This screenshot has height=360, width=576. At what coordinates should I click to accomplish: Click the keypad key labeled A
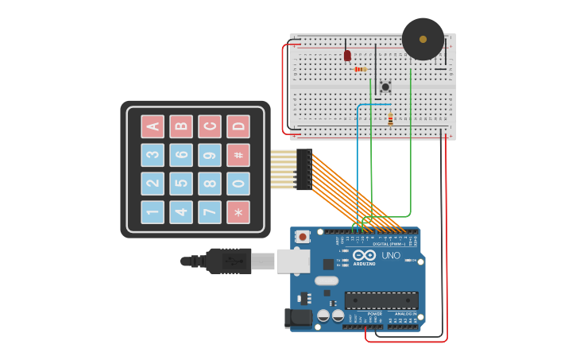click(153, 126)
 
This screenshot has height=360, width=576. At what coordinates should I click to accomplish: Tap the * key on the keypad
click(238, 212)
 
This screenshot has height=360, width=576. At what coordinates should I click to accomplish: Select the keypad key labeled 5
click(181, 184)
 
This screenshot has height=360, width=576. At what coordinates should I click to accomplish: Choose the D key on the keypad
click(238, 126)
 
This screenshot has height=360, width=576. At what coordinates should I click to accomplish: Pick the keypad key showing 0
click(238, 184)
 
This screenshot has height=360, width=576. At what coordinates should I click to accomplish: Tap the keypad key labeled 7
click(210, 212)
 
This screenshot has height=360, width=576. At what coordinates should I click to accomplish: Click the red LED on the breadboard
click(347, 56)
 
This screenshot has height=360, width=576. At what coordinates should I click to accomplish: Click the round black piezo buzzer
click(423, 39)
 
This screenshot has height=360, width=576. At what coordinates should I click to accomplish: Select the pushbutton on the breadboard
click(385, 87)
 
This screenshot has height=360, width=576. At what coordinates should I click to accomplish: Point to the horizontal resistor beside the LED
click(361, 69)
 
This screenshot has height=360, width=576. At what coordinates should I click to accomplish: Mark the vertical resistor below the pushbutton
click(390, 119)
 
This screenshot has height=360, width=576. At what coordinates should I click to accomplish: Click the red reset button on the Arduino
click(303, 236)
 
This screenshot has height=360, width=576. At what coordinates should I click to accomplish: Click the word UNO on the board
click(391, 255)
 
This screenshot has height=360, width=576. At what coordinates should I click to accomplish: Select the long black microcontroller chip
click(381, 300)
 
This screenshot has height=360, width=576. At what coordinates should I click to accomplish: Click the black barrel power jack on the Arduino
click(300, 319)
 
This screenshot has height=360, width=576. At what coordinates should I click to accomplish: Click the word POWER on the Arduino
click(374, 314)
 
